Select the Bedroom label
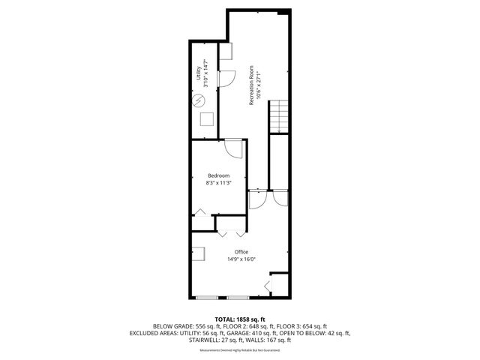(218, 175)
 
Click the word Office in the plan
(241, 252)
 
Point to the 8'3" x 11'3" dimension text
(218, 183)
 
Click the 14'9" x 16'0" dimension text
(241, 259)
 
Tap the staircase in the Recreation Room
(279, 116)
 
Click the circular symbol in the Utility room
(199, 97)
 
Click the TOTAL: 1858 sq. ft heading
(241, 319)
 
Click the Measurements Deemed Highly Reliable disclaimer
(239, 350)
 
